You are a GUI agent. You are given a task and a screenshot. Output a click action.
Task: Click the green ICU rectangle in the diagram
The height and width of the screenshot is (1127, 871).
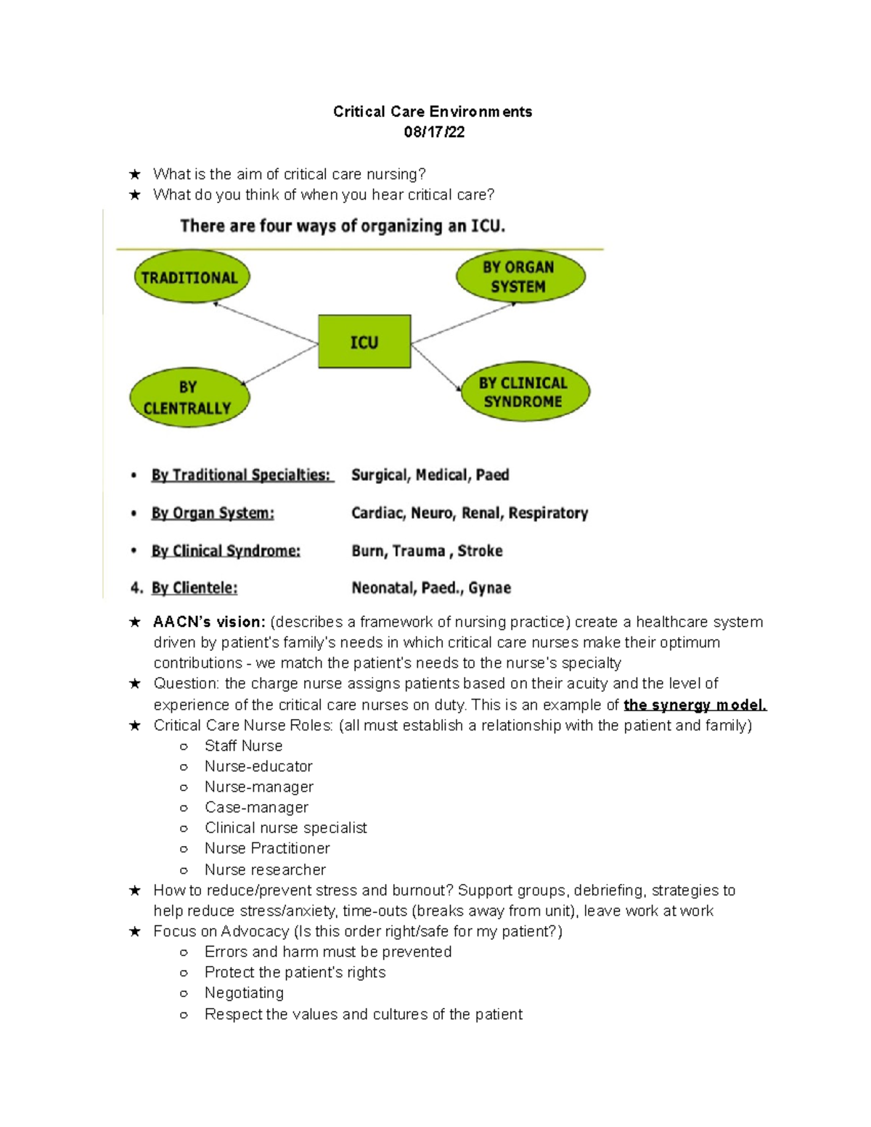point(364,342)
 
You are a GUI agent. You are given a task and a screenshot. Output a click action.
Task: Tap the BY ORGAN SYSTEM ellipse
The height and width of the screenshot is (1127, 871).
point(520,276)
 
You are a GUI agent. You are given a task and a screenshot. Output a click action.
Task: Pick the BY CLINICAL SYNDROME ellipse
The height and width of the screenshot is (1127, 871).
point(525,392)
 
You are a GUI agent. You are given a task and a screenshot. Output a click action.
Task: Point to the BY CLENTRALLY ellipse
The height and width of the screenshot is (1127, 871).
point(189,398)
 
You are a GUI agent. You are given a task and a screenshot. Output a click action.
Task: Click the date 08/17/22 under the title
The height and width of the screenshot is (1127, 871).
point(434,132)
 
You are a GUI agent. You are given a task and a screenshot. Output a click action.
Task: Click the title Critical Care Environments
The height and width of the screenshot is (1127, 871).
point(433,112)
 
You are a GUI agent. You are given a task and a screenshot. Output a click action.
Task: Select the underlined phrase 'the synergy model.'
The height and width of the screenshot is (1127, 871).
point(695,705)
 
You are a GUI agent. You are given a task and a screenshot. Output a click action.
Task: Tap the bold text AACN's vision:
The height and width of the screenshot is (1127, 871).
point(209,622)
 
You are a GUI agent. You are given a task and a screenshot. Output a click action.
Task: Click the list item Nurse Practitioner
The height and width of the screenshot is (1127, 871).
point(267,848)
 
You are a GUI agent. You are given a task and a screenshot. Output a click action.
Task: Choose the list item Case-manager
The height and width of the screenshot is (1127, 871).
point(256,807)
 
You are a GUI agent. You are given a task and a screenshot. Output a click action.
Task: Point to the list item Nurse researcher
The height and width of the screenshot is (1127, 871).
point(265,869)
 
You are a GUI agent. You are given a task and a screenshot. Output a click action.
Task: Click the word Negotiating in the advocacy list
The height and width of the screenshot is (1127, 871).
point(244,993)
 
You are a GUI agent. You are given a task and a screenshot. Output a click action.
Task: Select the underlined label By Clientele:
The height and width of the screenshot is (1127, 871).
point(195,588)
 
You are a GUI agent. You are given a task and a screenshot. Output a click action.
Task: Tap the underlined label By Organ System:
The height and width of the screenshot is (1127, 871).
point(213,513)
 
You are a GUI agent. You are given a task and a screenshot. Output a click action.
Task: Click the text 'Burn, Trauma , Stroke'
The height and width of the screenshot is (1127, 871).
point(427,551)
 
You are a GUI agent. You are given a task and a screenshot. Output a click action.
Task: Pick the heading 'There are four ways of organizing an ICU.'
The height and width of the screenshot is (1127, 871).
point(343,226)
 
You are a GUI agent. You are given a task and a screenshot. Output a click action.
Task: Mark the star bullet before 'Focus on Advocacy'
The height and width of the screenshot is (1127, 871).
point(135,932)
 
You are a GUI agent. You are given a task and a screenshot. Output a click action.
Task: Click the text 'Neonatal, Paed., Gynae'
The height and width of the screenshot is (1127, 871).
point(431,588)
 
